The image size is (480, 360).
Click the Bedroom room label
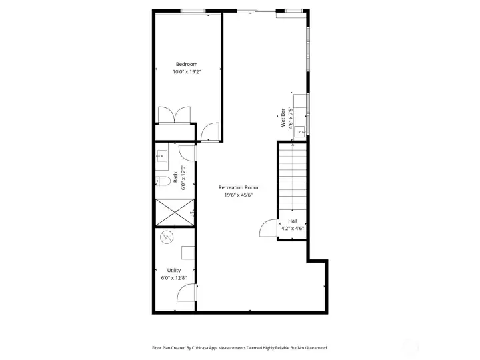pos(187,64)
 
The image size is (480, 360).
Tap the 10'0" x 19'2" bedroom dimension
pos(187,72)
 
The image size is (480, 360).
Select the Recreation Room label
pos(238,187)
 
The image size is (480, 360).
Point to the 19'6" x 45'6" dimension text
pos(238,195)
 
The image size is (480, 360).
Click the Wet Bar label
pos(283,118)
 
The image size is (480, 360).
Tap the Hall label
pos(293,221)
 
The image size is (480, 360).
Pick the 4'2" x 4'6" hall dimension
pos(293,229)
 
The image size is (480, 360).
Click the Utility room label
pos(174,270)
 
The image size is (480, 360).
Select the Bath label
pos(176,177)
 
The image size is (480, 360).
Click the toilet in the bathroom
pos(163,181)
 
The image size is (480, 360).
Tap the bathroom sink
pos(161,156)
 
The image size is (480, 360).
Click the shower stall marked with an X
pos(175,213)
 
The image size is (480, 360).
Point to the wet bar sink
pos(300,131)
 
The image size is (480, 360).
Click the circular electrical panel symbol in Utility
pos(167,237)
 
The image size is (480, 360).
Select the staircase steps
pos(293,177)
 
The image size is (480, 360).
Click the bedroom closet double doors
pos(174,115)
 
